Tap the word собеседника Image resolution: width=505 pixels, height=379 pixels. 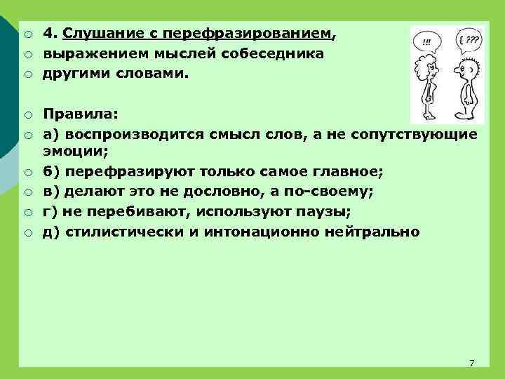click(x=277, y=53)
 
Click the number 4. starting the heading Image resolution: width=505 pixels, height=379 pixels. click(x=49, y=33)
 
